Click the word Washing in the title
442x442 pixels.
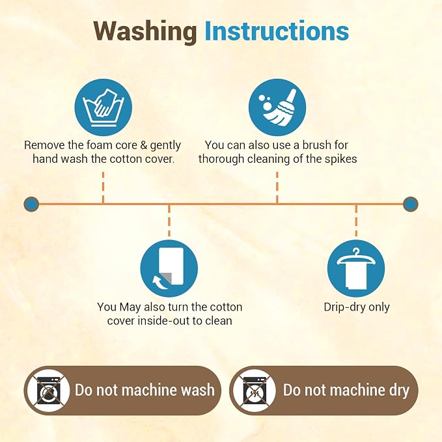tap(145, 31)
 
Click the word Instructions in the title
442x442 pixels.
tap(277, 31)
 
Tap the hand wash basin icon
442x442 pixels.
tap(103, 107)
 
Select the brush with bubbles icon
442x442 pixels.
tap(277, 107)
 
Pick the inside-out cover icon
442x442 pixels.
tap(169, 268)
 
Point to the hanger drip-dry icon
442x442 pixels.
tap(356, 268)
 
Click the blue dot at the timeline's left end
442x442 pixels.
tap(31, 204)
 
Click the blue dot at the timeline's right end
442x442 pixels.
tap(410, 204)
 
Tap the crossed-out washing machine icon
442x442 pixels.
tap(49, 391)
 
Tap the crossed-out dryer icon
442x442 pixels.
tap(255, 391)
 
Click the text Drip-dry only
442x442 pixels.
tap(357, 307)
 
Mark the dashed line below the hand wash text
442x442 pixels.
tap(103, 187)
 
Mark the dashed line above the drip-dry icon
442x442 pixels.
tap(356, 221)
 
